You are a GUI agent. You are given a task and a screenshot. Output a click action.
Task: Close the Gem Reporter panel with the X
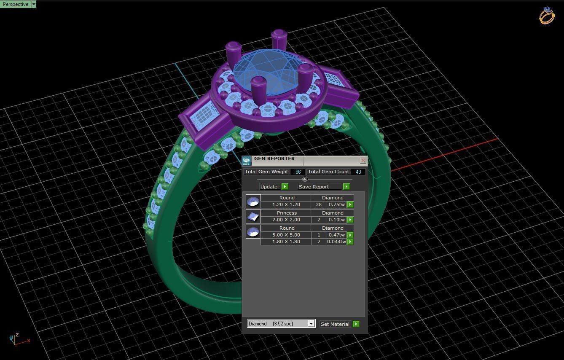(x=363, y=161)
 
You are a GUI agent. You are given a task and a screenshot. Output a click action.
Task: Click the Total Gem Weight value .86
(x=298, y=172)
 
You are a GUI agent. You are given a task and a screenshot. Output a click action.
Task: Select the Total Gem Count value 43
(x=358, y=172)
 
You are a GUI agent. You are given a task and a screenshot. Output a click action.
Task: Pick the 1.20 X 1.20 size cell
(x=286, y=205)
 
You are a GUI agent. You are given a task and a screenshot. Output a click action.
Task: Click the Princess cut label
(x=286, y=213)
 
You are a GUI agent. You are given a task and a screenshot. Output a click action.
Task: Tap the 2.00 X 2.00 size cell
(x=286, y=220)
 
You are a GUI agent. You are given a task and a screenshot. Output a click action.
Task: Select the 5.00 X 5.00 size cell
(x=286, y=235)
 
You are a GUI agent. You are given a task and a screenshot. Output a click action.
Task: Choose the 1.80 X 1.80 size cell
(x=286, y=242)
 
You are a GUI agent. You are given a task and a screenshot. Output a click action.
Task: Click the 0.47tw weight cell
(x=336, y=235)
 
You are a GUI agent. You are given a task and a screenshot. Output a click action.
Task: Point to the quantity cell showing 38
(x=318, y=205)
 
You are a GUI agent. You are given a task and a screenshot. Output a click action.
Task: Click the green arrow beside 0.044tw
(x=350, y=242)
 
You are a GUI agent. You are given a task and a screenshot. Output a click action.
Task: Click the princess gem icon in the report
(x=253, y=217)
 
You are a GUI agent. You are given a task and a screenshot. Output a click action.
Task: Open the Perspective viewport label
(x=16, y=4)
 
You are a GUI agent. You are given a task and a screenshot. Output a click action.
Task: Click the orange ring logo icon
(x=547, y=16)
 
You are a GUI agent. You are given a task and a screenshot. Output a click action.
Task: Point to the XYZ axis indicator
(x=17, y=339)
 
